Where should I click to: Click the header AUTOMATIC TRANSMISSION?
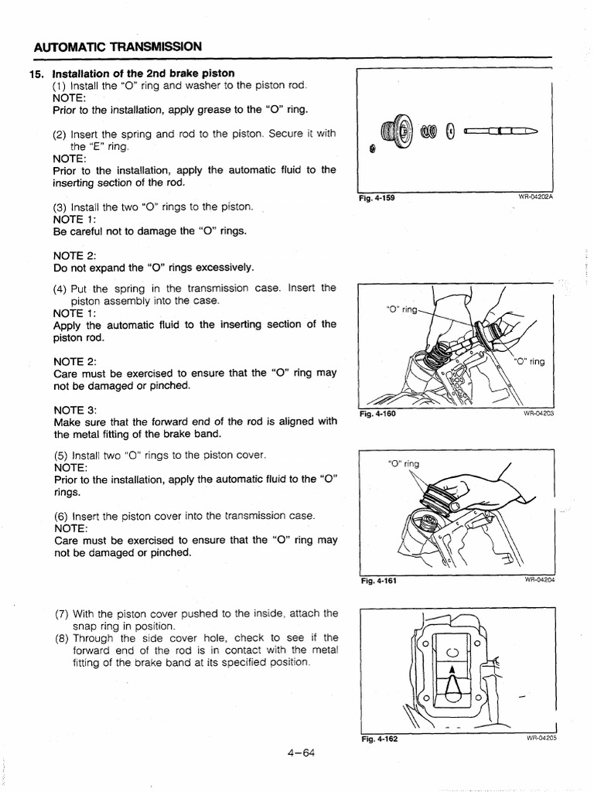coord(118,47)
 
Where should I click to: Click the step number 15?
coord(35,74)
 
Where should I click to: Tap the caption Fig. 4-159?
coord(377,198)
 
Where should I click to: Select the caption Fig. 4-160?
coord(378,414)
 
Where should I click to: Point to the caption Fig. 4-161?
coord(378,581)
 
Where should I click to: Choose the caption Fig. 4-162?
coord(379,739)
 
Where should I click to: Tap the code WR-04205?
coord(541,739)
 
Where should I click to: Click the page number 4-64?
coord(297,755)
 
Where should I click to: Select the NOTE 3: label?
coord(75,409)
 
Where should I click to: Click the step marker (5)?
coord(62,456)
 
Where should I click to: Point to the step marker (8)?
coord(62,638)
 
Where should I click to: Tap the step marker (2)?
coord(62,134)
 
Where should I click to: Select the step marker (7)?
coord(62,613)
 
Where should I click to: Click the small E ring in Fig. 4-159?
coord(372,148)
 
